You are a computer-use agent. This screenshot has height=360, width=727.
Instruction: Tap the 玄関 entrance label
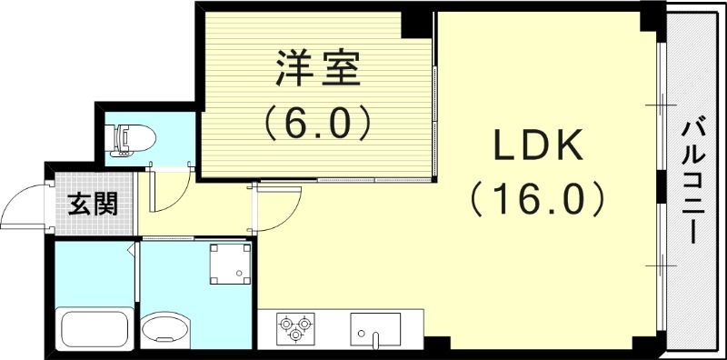(93, 205)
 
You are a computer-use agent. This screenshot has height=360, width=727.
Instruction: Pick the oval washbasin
(164, 329)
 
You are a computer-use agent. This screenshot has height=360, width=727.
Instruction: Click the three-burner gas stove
(295, 327)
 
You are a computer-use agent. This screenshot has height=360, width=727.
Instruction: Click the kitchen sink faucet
(375, 340)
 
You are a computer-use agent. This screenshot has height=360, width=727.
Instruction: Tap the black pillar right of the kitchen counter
(437, 345)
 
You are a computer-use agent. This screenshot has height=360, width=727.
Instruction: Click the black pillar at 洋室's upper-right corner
(417, 24)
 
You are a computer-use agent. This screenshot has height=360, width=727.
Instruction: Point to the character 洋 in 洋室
(291, 69)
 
